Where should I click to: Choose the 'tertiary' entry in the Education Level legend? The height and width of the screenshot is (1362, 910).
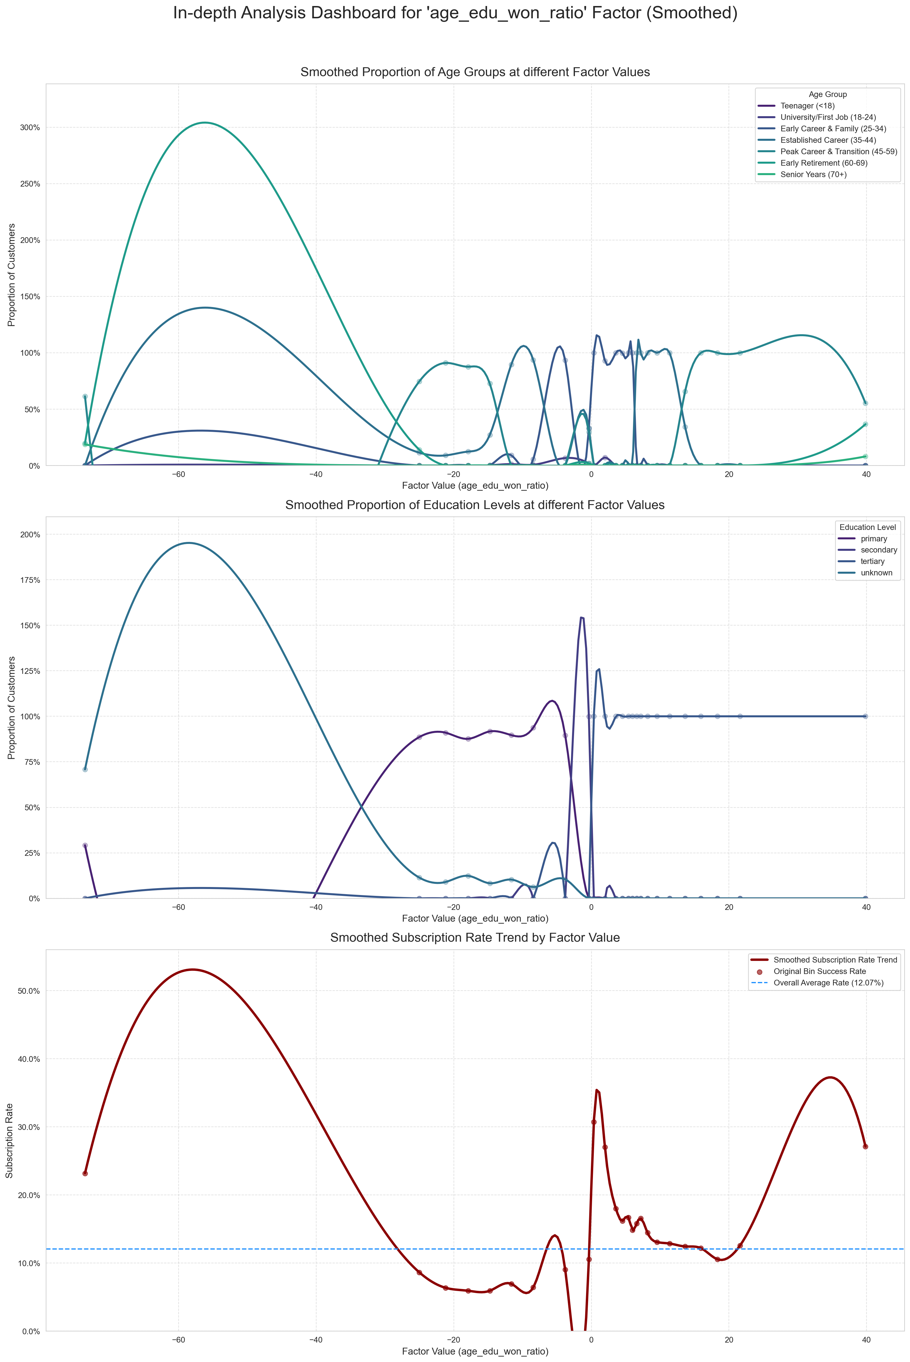(x=872, y=561)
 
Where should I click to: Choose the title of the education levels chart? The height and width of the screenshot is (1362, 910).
(x=475, y=505)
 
